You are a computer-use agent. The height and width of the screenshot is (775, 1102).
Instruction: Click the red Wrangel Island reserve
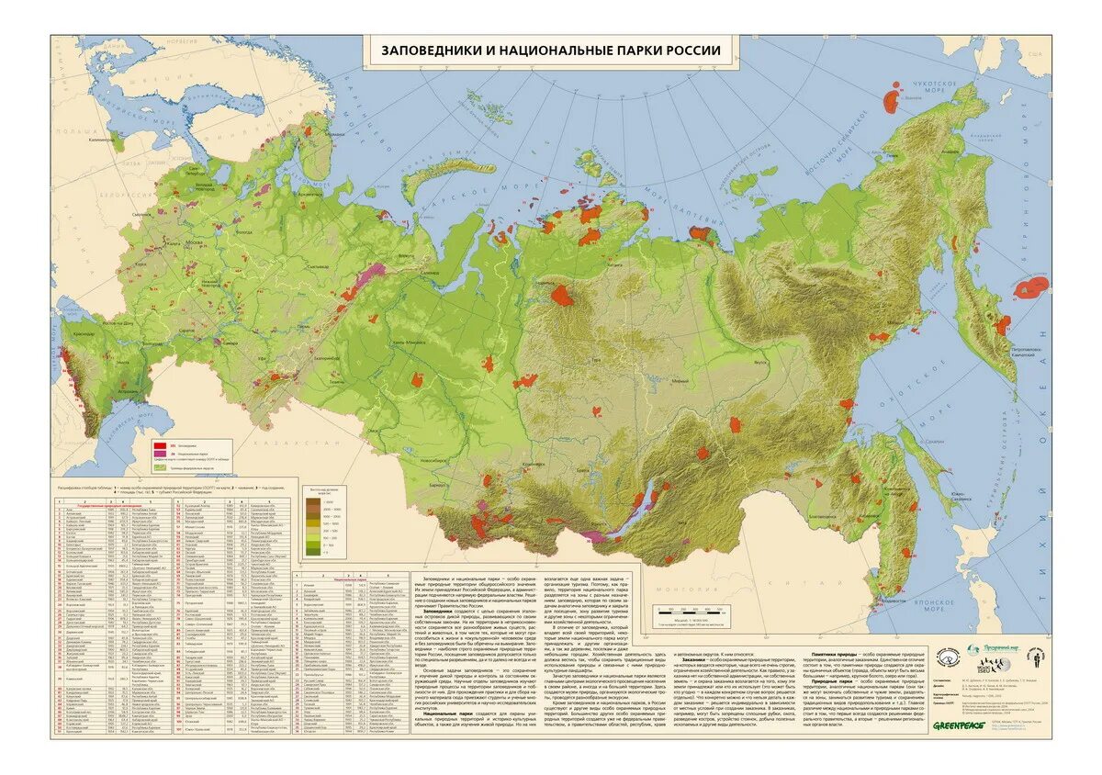(892, 95)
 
